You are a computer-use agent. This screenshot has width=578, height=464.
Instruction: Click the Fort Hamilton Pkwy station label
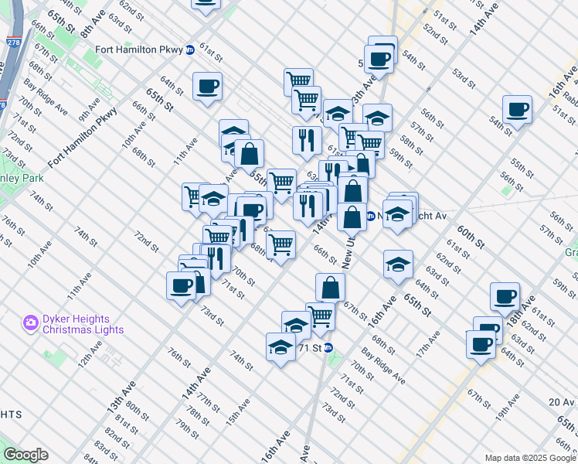(138, 50)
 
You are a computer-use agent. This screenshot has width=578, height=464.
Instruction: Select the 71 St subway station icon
(328, 348)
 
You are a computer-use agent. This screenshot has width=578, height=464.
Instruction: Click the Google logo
(25, 455)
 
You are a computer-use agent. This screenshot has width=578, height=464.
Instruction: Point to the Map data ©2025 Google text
(529, 458)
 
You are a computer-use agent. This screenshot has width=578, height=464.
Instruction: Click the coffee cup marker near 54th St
(517, 108)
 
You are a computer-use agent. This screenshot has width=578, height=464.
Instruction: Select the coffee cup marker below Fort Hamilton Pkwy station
(207, 86)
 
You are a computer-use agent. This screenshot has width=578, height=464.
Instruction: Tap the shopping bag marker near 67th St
(330, 287)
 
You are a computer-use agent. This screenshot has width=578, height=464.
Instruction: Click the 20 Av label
(562, 401)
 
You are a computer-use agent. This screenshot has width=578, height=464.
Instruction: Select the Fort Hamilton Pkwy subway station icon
(189, 50)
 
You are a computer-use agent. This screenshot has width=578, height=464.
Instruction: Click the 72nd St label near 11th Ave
(145, 240)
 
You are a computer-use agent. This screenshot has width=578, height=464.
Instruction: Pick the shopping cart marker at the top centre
(297, 80)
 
